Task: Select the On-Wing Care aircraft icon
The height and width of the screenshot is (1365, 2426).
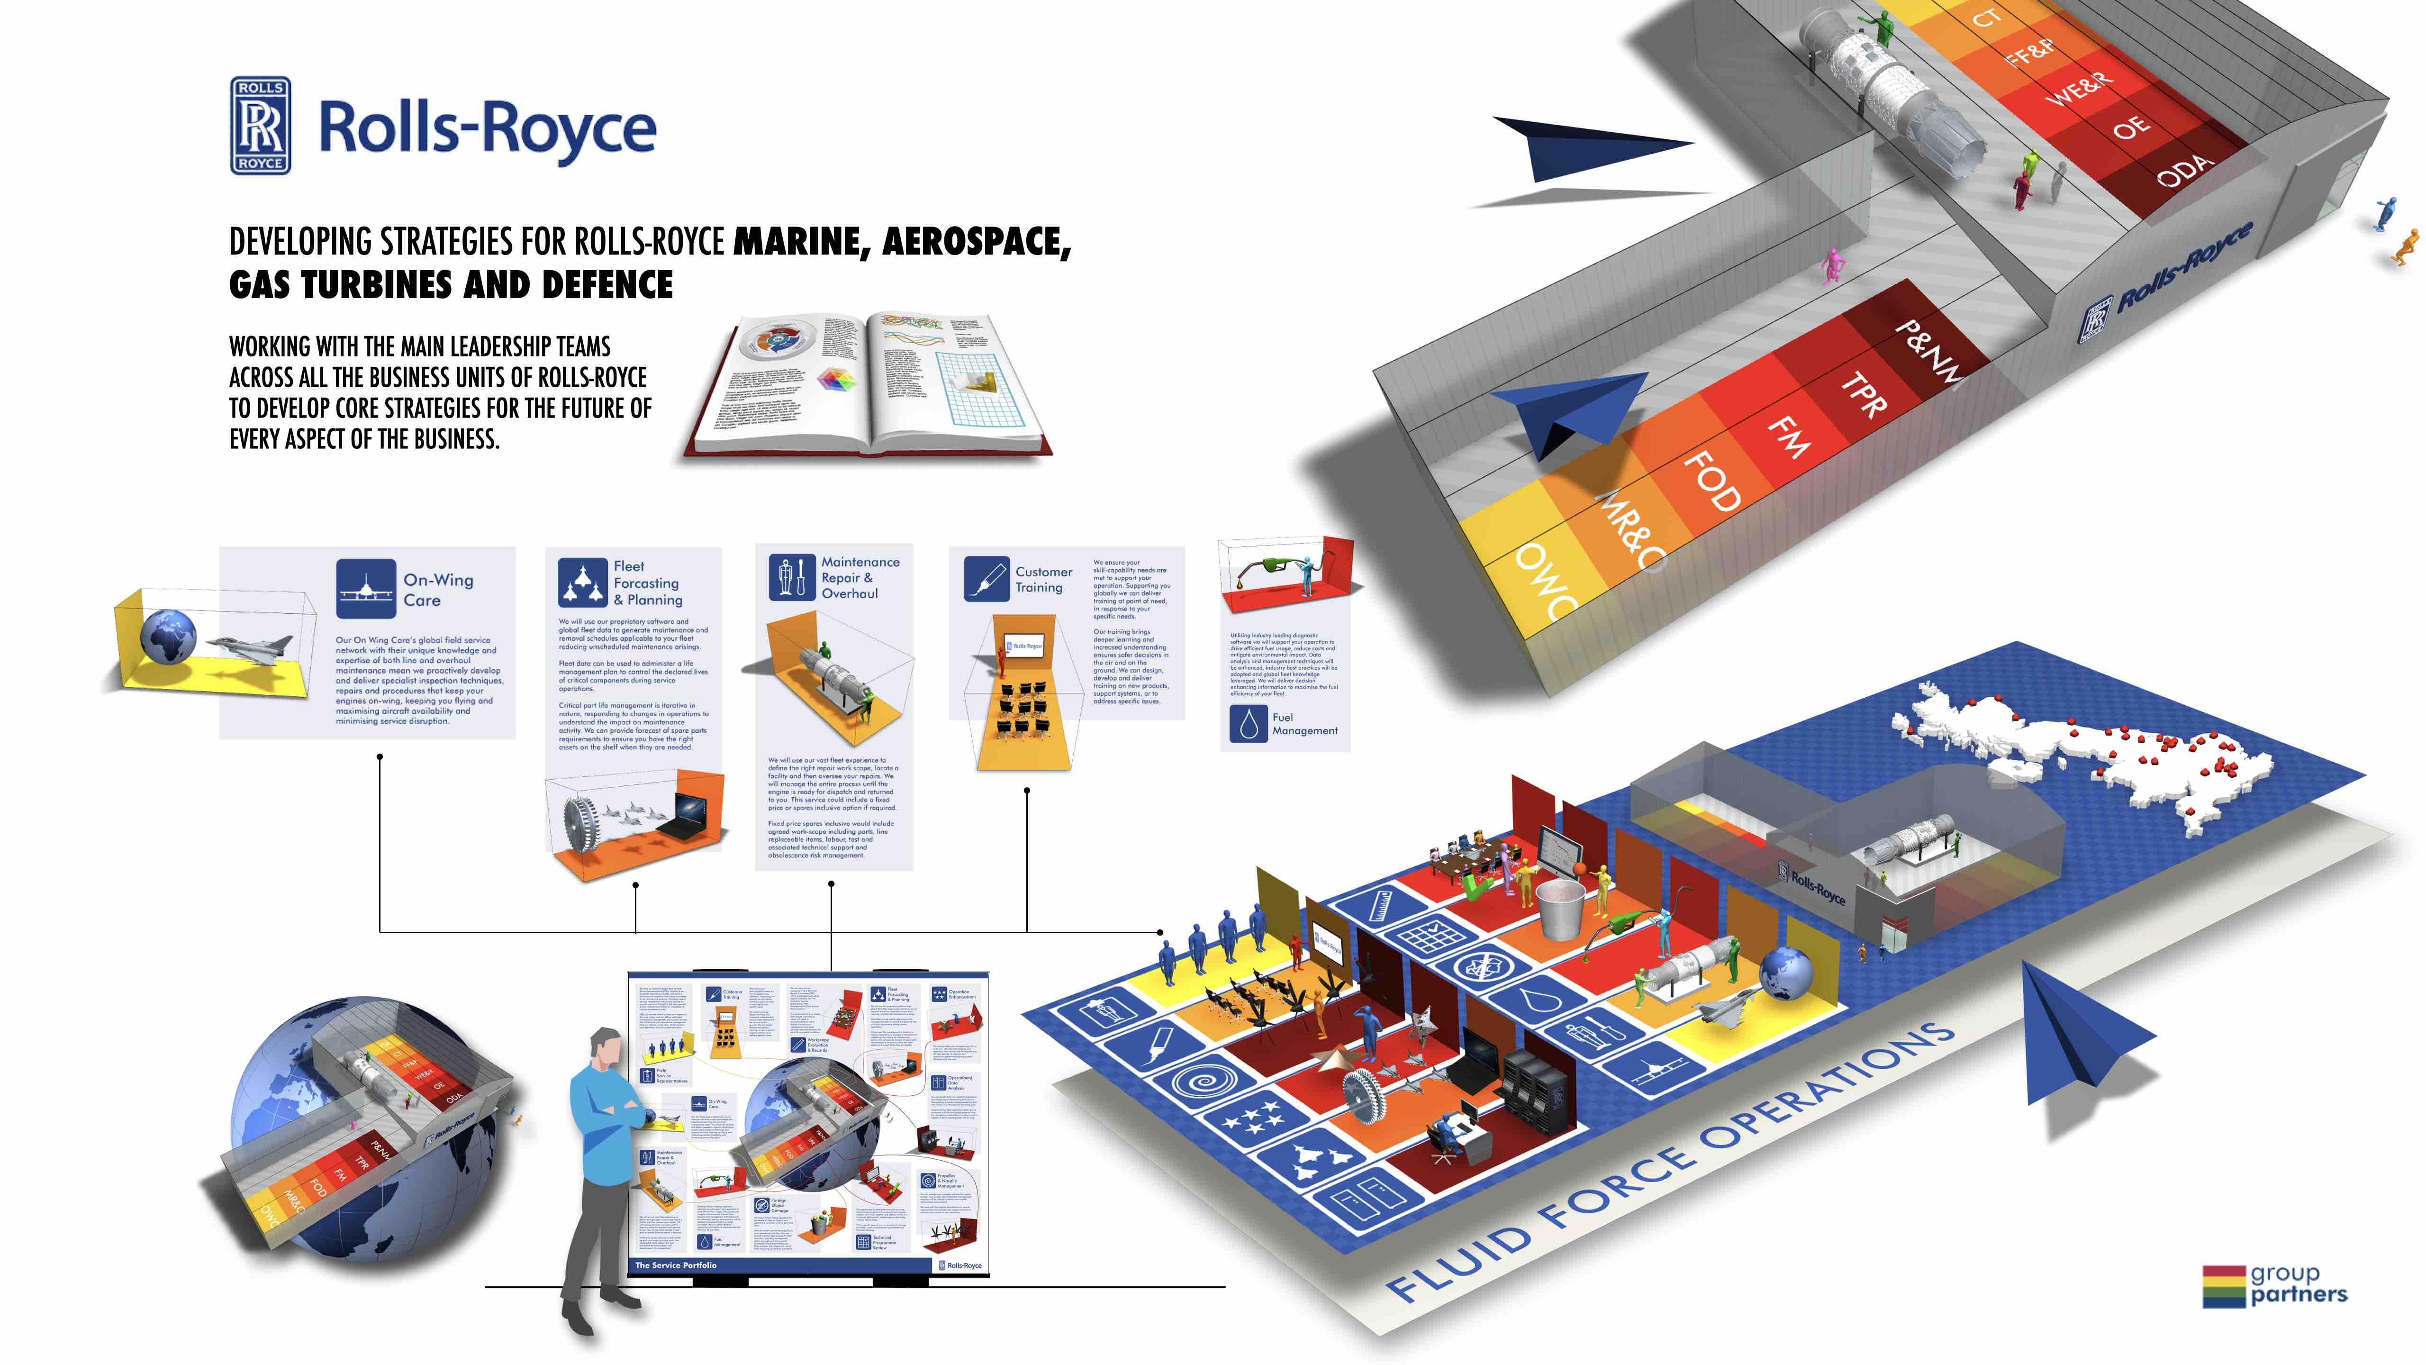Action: [365, 589]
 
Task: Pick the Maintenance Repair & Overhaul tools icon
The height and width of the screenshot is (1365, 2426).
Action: [791, 576]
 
